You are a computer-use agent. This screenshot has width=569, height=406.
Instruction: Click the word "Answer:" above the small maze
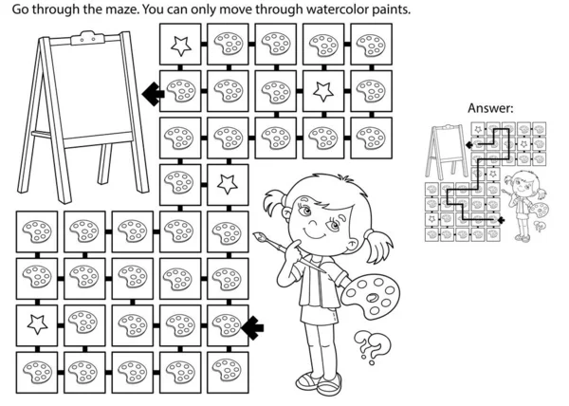point(490,108)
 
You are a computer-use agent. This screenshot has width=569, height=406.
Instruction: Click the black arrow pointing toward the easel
point(153,94)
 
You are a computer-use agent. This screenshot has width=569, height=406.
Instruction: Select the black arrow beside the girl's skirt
point(252,328)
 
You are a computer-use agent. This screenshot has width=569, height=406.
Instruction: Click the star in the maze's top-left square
point(181,46)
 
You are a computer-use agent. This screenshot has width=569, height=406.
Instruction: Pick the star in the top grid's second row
point(323,91)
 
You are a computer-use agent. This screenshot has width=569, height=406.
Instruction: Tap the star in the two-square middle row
point(228,184)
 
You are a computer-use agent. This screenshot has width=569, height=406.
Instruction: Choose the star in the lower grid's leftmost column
point(37,324)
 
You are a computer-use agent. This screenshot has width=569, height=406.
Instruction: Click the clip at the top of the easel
point(88,38)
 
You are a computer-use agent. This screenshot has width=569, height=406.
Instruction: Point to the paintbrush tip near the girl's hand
point(258,236)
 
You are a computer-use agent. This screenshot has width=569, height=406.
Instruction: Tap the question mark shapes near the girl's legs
point(372,347)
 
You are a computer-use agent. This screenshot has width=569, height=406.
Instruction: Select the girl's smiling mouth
point(315,235)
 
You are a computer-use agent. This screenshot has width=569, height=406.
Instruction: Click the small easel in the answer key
point(447,151)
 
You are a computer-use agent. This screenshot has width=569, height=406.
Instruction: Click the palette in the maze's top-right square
point(371,46)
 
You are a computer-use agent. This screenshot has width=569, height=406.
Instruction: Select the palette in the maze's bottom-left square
point(37,372)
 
